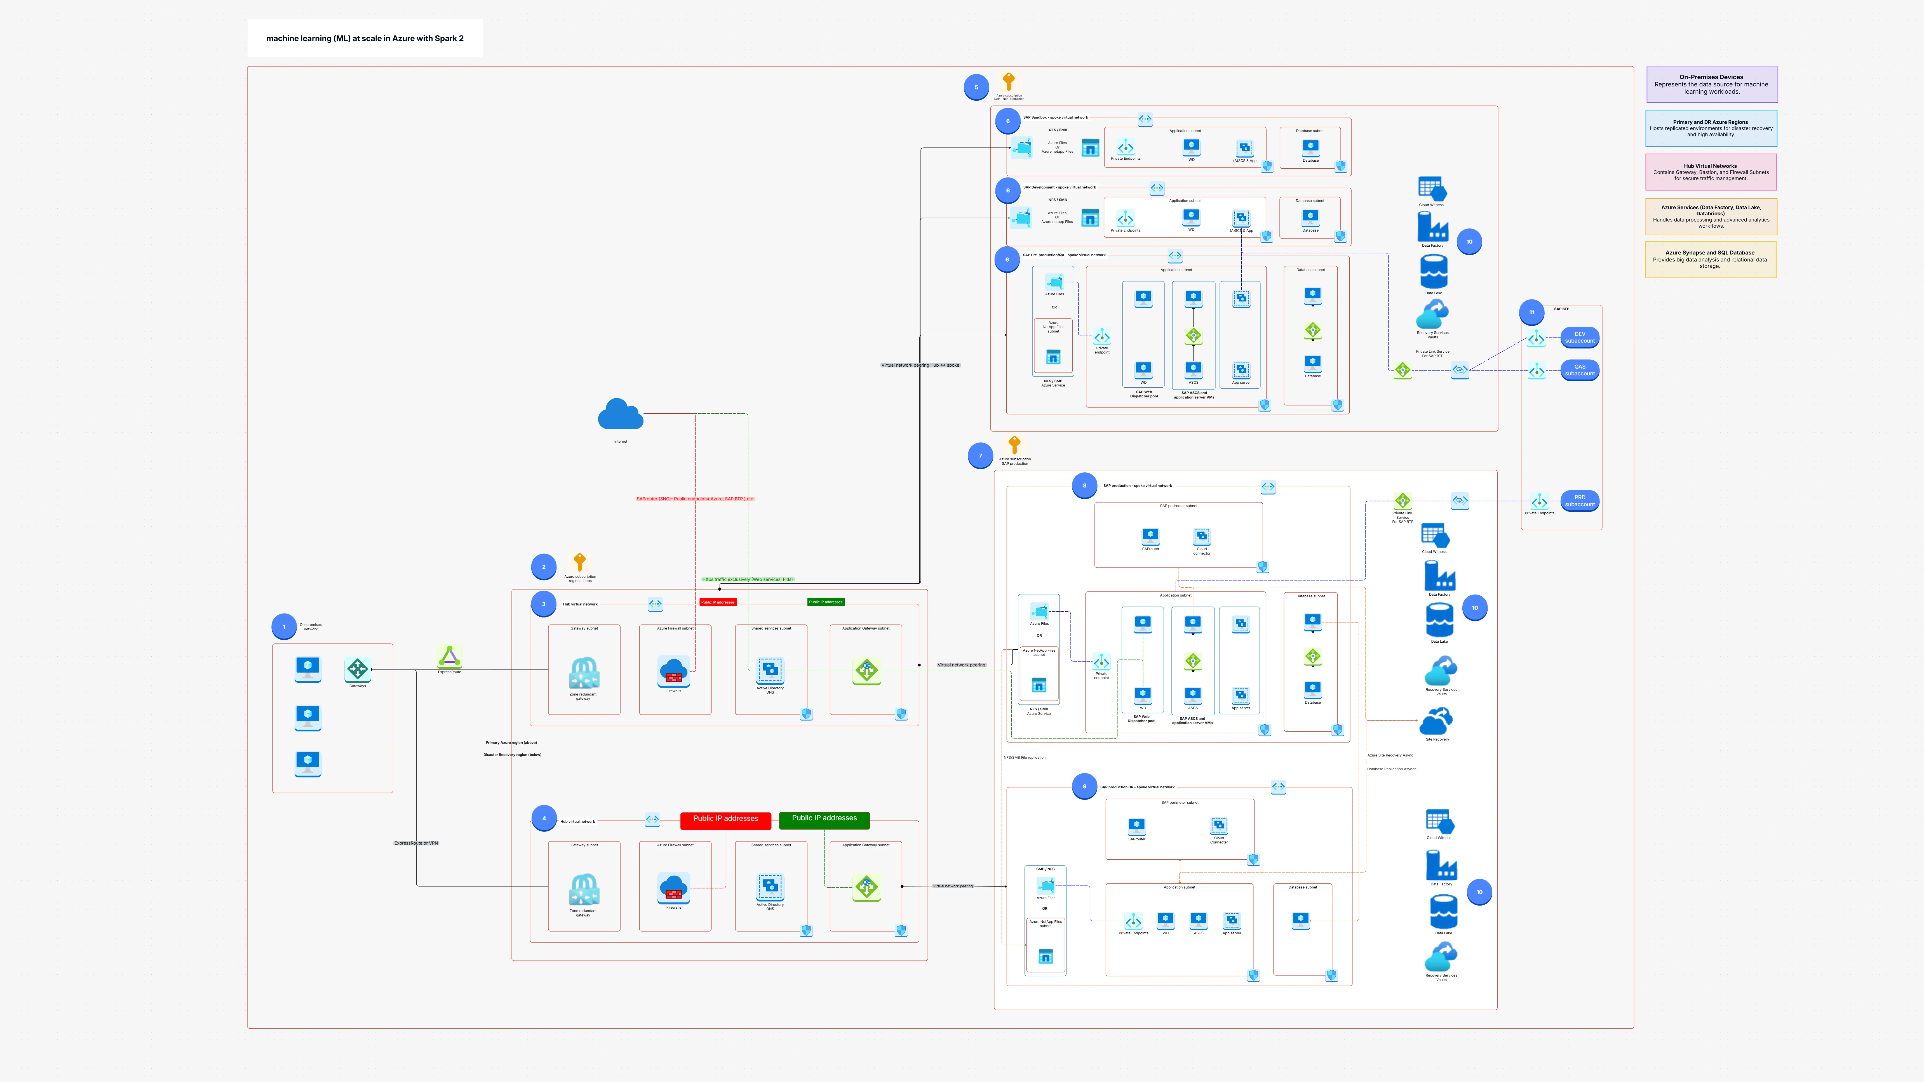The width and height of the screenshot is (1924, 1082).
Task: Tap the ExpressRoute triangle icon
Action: pyautogui.click(x=449, y=656)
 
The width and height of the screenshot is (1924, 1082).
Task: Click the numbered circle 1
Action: pyautogui.click(x=284, y=626)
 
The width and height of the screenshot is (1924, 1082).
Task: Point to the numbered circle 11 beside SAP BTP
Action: pyautogui.click(x=1531, y=312)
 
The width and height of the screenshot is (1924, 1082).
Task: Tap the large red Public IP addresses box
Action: pyautogui.click(x=725, y=819)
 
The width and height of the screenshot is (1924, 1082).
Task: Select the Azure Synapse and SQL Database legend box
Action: pyautogui.click(x=1710, y=259)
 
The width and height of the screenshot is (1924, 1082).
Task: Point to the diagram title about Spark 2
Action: pyautogui.click(x=365, y=38)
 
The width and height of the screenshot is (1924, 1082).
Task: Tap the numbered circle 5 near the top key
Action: pyautogui.click(x=976, y=87)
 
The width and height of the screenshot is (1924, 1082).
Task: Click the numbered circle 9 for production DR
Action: pyautogui.click(x=1084, y=786)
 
